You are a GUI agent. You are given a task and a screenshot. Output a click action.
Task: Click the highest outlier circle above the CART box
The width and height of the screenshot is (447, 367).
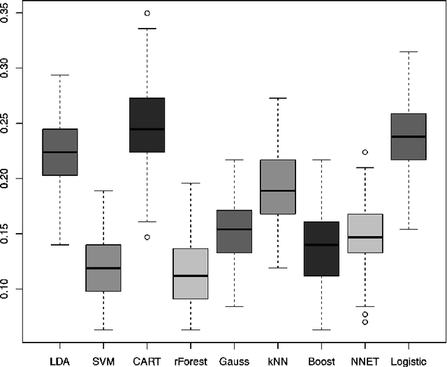[x=147, y=13]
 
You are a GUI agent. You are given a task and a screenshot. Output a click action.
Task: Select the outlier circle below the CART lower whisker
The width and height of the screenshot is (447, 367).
[x=147, y=237]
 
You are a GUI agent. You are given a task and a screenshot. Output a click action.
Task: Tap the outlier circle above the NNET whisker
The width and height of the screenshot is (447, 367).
[x=365, y=152]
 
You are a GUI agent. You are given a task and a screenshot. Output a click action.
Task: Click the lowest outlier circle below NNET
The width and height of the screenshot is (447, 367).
[x=365, y=322]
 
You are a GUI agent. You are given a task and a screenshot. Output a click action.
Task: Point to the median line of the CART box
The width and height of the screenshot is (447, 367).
[x=147, y=129]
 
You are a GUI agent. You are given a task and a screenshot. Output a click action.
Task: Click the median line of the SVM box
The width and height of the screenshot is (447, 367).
[x=103, y=268]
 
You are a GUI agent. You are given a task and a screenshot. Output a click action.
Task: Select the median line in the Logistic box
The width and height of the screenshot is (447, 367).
[x=409, y=137]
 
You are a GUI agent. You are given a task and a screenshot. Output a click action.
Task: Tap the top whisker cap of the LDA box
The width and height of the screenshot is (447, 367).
[x=60, y=75]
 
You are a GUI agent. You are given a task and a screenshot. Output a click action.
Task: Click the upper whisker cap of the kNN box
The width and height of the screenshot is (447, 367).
[x=277, y=98]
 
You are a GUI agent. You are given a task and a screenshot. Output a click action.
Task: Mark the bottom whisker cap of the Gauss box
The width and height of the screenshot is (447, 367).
[x=234, y=306]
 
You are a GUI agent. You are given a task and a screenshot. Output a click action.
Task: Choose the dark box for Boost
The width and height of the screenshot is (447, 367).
[x=321, y=249]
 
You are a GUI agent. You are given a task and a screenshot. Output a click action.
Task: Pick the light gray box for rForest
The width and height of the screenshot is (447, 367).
[x=191, y=274]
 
